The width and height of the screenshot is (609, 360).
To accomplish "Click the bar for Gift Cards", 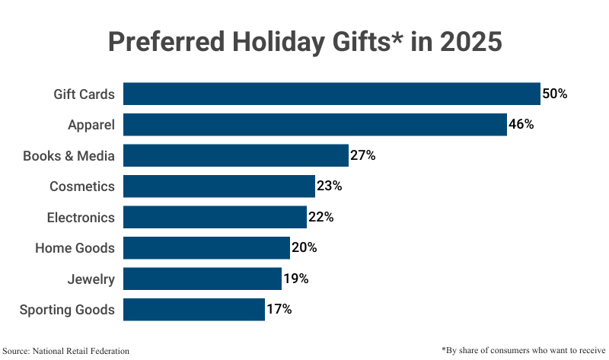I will [x=331, y=94].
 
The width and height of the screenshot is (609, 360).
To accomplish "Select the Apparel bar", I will [x=314, y=125].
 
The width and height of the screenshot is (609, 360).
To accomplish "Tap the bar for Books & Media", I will [x=235, y=156].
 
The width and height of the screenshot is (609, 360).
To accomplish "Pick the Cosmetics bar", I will [x=218, y=186].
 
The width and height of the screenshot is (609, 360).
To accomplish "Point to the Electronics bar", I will [x=215, y=217].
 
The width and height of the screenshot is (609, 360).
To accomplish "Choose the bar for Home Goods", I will [x=206, y=248].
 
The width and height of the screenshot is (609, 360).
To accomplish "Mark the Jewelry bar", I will [x=202, y=279].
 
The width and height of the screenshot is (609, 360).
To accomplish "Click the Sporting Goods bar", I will [x=193, y=310].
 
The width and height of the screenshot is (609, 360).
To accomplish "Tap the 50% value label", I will [x=555, y=94].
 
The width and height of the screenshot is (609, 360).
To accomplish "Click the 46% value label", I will [x=521, y=125].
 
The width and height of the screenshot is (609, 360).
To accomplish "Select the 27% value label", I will [x=363, y=156].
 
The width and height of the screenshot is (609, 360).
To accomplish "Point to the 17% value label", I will [x=279, y=310].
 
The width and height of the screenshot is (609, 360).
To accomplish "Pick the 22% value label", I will [x=321, y=217].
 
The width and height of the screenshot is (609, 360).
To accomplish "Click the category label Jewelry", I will [x=91, y=279].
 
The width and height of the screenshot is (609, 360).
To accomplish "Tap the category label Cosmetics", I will [x=82, y=186].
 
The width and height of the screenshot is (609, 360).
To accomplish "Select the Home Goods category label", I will [x=75, y=248].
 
